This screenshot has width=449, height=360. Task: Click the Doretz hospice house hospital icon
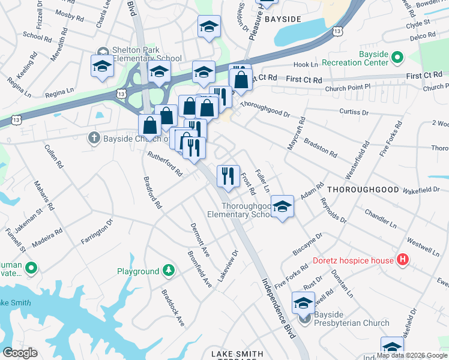(403, 260)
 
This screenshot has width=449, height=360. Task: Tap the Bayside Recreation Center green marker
(397, 58)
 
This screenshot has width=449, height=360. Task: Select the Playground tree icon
(169, 272)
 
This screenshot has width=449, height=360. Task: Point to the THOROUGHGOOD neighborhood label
(362, 189)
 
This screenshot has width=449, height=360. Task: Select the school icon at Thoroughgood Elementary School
(282, 207)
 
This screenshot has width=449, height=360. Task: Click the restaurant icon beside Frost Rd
(228, 176)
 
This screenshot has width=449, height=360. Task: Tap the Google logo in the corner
(20, 352)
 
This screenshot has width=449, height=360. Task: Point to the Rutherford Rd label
(165, 163)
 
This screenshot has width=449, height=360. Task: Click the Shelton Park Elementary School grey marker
(102, 51)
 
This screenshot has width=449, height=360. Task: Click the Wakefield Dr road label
(420, 190)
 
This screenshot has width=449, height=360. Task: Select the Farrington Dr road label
(97, 233)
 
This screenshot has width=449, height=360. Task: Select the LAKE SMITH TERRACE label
(237, 355)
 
